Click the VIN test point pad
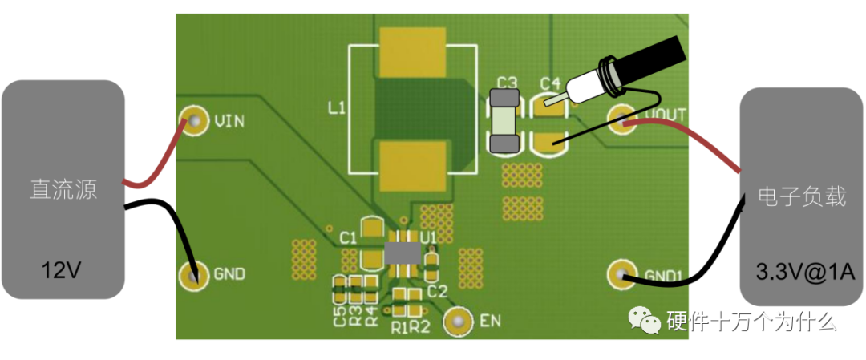click(x=192, y=121)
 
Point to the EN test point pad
click(x=459, y=321)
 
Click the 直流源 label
click(x=63, y=190)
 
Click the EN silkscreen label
click(x=490, y=322)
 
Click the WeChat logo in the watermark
click(x=646, y=320)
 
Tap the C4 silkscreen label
click(x=550, y=83)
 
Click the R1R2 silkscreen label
click(x=411, y=327)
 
